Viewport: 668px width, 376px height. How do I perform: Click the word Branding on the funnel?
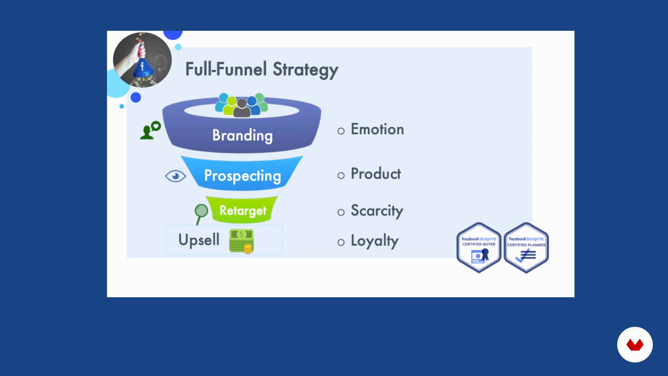tap(242, 135)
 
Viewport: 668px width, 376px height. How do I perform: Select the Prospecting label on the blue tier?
tap(242, 176)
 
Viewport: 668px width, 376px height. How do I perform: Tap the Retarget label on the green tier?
tap(243, 210)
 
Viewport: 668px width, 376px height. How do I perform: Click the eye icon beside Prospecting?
tap(176, 176)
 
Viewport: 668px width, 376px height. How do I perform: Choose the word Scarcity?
tap(377, 211)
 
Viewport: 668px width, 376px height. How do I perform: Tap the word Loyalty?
tap(375, 241)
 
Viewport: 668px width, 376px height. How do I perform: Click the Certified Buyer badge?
tap(479, 248)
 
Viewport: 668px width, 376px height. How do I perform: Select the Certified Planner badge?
tap(526, 248)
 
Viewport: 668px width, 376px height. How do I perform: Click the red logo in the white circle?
tap(635, 345)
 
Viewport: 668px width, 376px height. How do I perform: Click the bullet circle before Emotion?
tap(341, 131)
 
